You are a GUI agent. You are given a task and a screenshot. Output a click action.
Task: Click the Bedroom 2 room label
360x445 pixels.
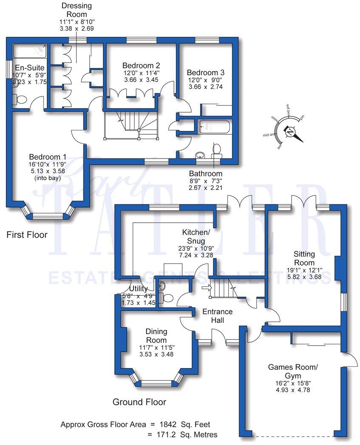[141, 65]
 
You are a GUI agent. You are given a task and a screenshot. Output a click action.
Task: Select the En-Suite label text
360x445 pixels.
[26, 68]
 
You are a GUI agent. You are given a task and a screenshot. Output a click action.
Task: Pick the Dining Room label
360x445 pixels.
[156, 336]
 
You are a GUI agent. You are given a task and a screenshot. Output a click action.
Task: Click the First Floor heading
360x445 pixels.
[27, 234]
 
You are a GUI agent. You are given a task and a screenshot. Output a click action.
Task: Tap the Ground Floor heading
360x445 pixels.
[139, 402]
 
